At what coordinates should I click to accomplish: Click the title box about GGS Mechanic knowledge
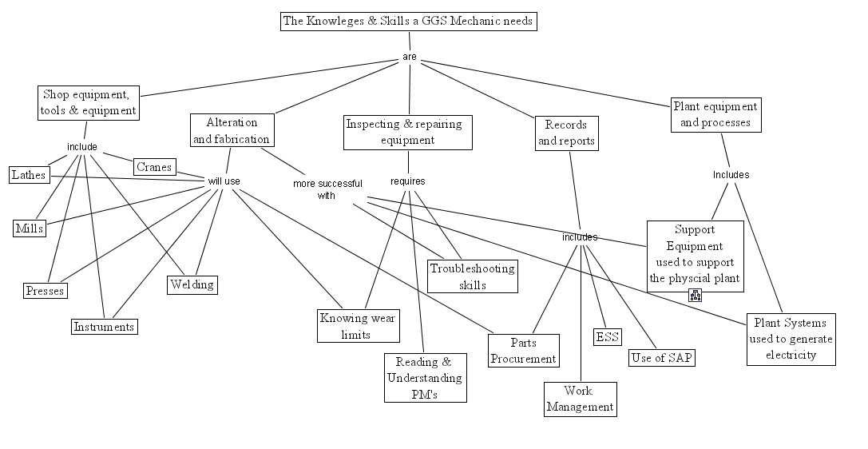click(x=407, y=22)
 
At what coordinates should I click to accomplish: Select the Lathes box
click(x=29, y=174)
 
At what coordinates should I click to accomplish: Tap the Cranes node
click(x=154, y=167)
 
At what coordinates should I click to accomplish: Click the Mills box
click(x=30, y=228)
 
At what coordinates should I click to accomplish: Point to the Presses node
click(x=44, y=291)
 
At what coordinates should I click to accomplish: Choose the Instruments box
click(x=104, y=327)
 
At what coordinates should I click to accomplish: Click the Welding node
click(x=192, y=284)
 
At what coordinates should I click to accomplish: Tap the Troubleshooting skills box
click(x=473, y=276)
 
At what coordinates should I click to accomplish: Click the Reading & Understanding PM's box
click(x=424, y=377)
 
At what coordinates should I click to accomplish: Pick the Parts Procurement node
click(x=523, y=351)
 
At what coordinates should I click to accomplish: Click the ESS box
click(x=607, y=337)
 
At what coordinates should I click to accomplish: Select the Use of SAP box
click(x=661, y=357)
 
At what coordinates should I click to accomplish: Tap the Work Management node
click(x=580, y=399)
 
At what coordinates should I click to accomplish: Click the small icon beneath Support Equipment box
click(x=696, y=296)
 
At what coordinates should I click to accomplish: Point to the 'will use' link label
click(x=224, y=181)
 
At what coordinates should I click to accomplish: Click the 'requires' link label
click(x=407, y=181)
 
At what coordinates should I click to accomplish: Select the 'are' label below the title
click(x=409, y=58)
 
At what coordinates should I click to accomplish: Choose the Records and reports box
click(x=566, y=133)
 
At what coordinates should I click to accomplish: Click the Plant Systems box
click(x=791, y=339)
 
